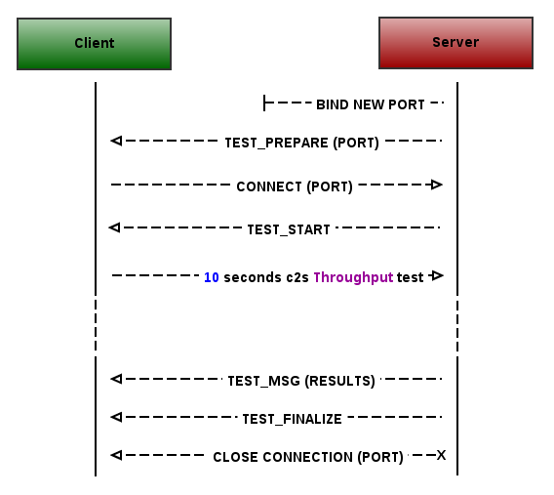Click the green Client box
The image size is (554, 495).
(x=94, y=44)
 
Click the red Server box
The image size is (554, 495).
(x=455, y=43)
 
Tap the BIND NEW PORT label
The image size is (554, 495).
(x=371, y=104)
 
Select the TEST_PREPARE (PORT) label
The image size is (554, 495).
(x=301, y=143)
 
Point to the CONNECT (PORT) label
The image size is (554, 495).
(x=295, y=186)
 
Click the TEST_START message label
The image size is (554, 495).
(x=289, y=229)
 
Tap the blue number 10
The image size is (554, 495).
(x=212, y=277)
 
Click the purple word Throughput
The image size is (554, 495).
(x=353, y=277)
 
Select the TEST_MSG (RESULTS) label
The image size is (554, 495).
(x=301, y=381)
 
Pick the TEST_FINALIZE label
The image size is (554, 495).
(x=292, y=420)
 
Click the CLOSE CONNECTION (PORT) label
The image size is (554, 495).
(x=308, y=457)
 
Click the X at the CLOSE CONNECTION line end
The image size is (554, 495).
(x=441, y=455)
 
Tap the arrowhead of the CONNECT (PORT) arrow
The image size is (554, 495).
(x=437, y=185)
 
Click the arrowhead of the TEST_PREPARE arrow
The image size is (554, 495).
(x=116, y=141)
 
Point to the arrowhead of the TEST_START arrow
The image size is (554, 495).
(x=114, y=227)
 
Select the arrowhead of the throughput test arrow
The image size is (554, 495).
(x=437, y=275)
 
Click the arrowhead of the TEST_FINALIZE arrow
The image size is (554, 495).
(x=116, y=417)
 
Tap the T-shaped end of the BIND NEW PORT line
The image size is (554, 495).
(x=264, y=103)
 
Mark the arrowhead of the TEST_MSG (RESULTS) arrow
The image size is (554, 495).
(x=116, y=379)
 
